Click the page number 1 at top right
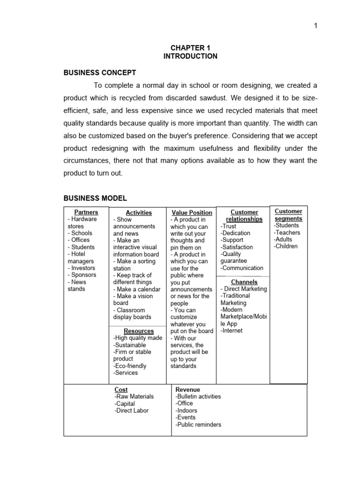(x=316, y=26)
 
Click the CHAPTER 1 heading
(x=190, y=47)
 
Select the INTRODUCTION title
(x=190, y=56)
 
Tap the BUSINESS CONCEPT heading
(x=100, y=73)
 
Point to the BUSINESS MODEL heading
(x=95, y=198)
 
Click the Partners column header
(x=86, y=212)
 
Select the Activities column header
(x=139, y=213)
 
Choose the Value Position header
(x=192, y=213)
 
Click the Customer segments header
(x=288, y=215)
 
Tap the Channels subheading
(x=244, y=282)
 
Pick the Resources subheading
(x=139, y=331)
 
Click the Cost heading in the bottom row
(x=121, y=390)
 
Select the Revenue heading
(x=187, y=390)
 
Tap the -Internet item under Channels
(x=232, y=331)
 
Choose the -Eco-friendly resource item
(x=130, y=366)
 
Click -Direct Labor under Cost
(x=131, y=411)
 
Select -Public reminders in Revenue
(x=198, y=425)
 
